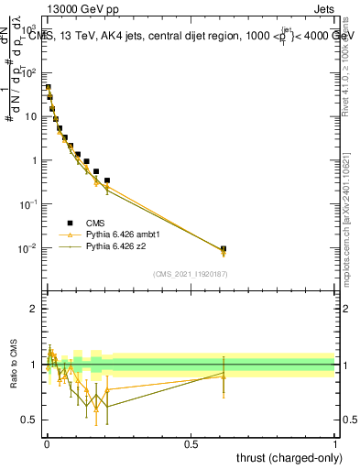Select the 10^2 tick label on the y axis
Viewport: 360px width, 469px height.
(x=30, y=72)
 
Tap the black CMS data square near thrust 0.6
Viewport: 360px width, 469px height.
(x=224, y=248)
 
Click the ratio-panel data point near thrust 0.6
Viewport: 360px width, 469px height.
(x=224, y=374)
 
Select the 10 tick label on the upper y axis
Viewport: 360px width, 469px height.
(x=30, y=116)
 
